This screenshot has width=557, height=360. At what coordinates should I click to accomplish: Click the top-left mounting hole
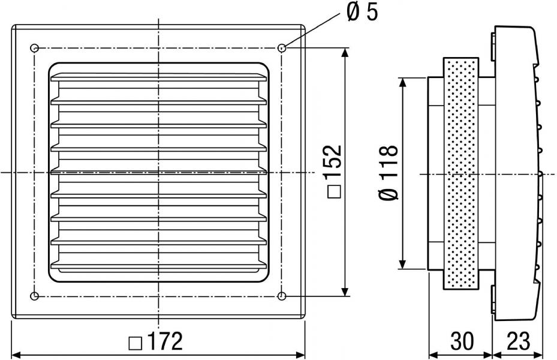click(x=34, y=48)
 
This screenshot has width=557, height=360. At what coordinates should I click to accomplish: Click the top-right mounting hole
click(x=282, y=48)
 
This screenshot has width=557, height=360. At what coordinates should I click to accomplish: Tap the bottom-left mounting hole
click(x=34, y=295)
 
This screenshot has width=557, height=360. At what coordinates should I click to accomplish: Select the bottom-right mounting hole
click(x=282, y=295)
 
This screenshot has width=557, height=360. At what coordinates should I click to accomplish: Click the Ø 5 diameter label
click(x=362, y=13)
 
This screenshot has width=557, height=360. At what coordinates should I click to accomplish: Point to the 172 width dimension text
click(x=164, y=341)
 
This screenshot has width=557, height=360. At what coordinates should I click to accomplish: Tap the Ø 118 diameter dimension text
click(x=389, y=173)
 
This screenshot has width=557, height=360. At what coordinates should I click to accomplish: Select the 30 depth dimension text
click(x=462, y=341)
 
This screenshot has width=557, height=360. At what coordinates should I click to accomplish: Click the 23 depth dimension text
click(x=518, y=341)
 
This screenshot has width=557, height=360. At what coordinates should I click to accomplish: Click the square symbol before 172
click(x=136, y=343)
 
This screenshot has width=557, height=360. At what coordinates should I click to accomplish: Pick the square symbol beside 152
click(x=335, y=192)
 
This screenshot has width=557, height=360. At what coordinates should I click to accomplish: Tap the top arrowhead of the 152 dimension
click(x=345, y=53)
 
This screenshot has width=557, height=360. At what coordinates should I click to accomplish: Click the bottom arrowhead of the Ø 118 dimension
click(x=402, y=264)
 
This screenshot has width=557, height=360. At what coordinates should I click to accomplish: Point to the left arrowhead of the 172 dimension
click(x=17, y=355)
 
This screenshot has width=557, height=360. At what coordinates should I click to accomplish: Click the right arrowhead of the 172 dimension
click(x=300, y=355)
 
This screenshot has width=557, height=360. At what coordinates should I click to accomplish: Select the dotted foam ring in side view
click(x=460, y=173)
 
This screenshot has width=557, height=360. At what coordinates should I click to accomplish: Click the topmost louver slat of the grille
click(x=158, y=77)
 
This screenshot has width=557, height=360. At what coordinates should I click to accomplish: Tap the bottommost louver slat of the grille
click(x=158, y=265)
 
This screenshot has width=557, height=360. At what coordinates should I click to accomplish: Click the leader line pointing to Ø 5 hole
click(x=311, y=30)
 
